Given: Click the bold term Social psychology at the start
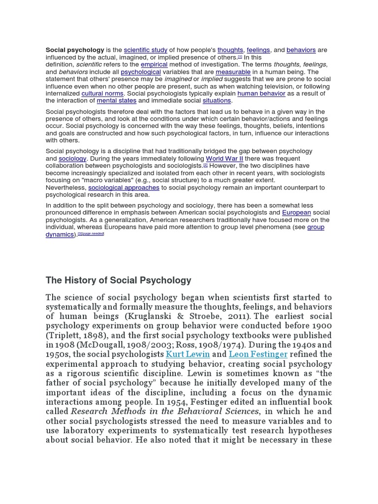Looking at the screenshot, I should click(75, 50).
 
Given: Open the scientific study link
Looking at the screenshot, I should click(146, 50).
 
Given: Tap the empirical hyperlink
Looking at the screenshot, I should click(154, 64).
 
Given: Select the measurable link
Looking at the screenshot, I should click(233, 72).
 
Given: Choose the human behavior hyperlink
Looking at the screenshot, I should click(261, 94).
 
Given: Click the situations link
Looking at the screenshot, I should click(217, 100).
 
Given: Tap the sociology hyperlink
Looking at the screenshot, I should click(72, 159).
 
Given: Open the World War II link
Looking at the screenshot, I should click(224, 159).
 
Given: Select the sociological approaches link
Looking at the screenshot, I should click(124, 188).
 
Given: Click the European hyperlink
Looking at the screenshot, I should click(296, 213).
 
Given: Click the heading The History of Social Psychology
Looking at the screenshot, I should click(118, 281).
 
